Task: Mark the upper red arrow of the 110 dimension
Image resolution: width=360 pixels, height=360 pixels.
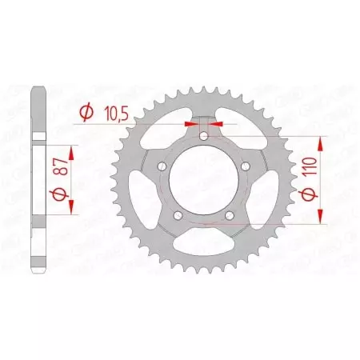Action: tap(320, 144)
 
